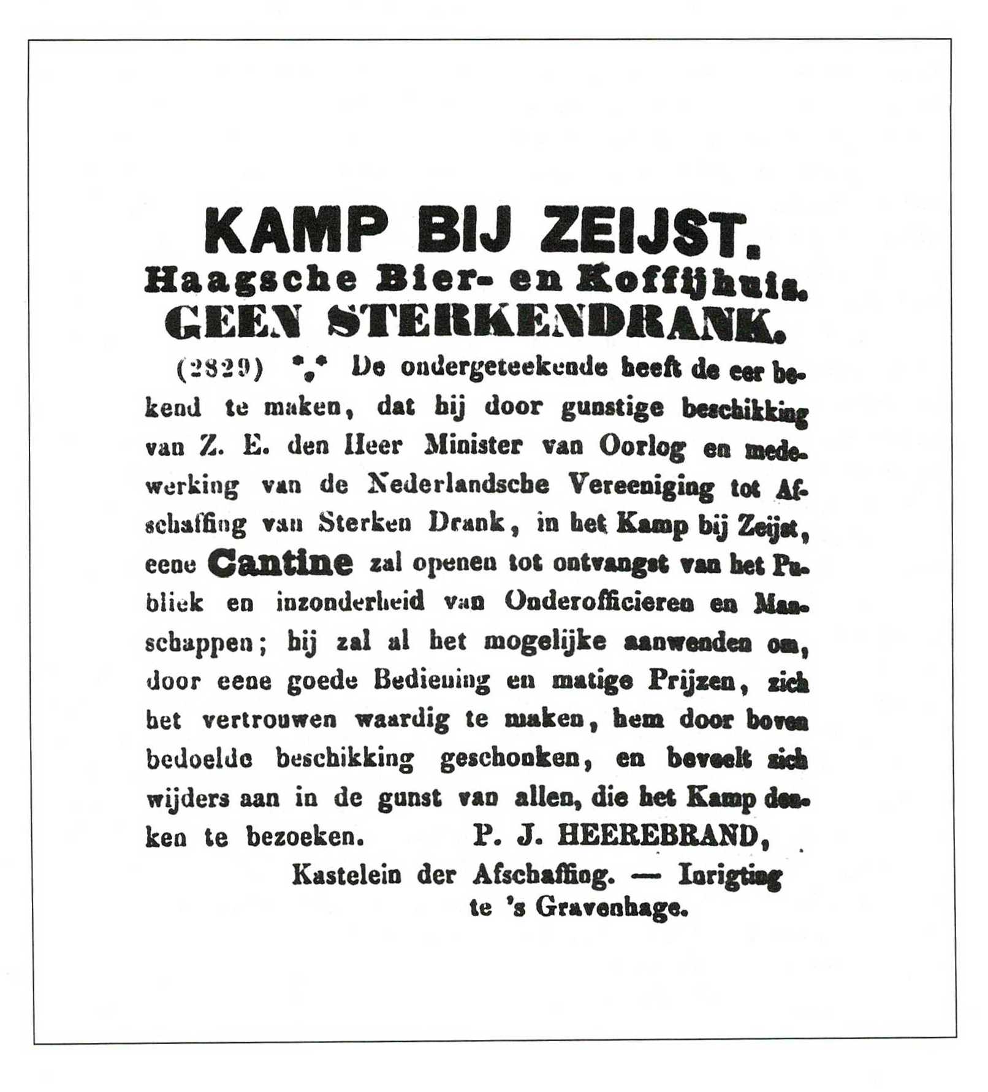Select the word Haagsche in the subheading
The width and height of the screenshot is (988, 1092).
[250, 281]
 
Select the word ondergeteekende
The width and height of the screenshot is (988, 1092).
[503, 368]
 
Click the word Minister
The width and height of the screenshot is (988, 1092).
[473, 446]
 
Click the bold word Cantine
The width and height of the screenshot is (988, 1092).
[280, 562]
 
